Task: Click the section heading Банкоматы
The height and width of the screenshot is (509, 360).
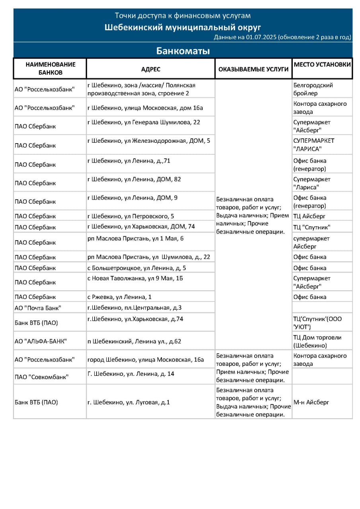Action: [183, 51]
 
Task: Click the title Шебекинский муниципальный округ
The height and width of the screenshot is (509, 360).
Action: [183, 27]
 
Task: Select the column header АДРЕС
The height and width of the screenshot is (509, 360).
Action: [150, 69]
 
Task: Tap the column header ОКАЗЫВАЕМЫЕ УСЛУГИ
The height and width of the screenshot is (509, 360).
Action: [253, 69]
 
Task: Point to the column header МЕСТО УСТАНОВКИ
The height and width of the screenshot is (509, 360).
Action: [322, 64]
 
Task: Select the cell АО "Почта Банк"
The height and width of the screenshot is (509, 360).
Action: [38, 307]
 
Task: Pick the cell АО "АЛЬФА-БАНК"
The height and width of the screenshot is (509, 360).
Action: [41, 341]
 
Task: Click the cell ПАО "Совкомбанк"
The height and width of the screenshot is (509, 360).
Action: [41, 377]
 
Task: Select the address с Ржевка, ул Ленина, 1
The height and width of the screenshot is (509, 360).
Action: [119, 297]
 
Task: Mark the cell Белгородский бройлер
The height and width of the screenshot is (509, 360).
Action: [313, 89]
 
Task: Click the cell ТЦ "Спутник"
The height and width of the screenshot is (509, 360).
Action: [312, 227]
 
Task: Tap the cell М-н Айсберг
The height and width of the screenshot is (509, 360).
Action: [311, 402]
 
